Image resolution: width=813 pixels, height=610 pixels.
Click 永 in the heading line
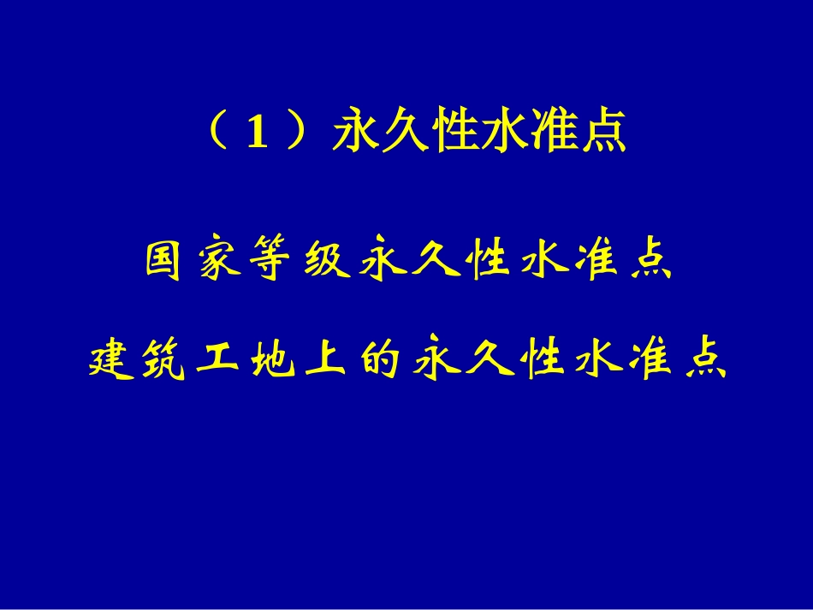(x=353, y=133)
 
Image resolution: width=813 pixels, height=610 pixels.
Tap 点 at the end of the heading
(x=604, y=133)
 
